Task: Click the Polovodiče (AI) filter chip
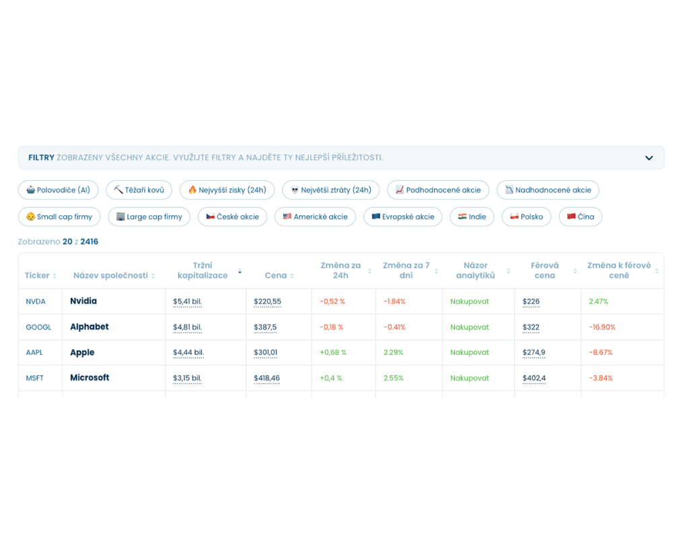click(59, 190)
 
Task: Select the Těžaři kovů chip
click(139, 190)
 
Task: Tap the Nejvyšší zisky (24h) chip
click(227, 190)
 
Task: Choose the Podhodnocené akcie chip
click(438, 190)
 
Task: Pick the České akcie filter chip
click(233, 217)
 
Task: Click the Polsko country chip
click(527, 217)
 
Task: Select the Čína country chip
click(581, 217)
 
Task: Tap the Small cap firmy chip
click(59, 217)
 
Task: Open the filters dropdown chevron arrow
click(649, 158)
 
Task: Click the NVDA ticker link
click(36, 301)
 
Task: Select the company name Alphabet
click(90, 327)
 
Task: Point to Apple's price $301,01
click(266, 352)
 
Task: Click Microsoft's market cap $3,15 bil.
click(187, 378)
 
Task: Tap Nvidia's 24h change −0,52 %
click(332, 301)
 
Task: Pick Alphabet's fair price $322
click(531, 328)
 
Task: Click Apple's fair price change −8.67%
click(600, 352)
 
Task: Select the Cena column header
click(275, 276)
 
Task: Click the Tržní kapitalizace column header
click(203, 270)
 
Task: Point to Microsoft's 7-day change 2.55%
click(394, 378)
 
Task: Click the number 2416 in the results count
click(90, 241)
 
